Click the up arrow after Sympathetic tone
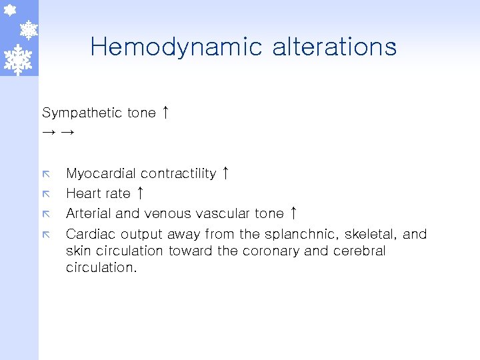165,112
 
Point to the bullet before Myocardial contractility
46,174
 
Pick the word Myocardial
95,174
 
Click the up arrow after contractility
226,173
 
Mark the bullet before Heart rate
46,194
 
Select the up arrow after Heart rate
140,193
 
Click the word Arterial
89,214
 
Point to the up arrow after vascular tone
294,213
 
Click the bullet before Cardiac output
46,234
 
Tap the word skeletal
375,234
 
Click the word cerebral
361,251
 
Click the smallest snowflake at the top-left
10,10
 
